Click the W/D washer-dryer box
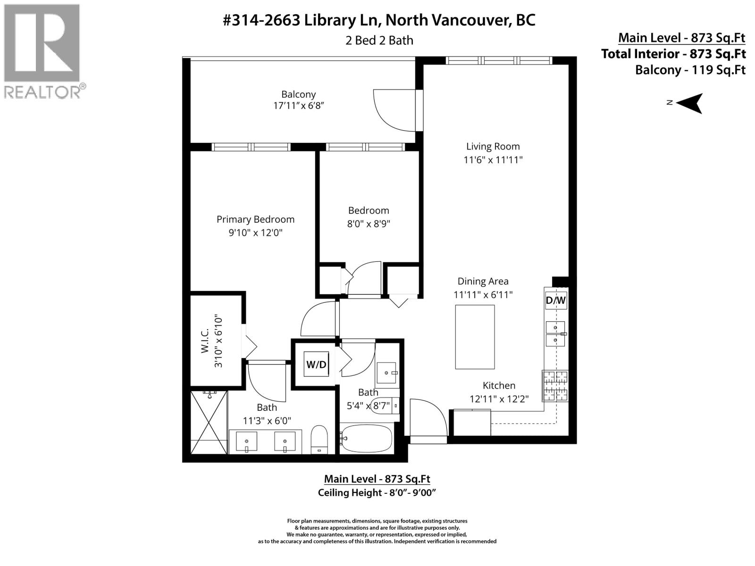316,364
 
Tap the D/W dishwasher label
555,300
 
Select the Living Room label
493,147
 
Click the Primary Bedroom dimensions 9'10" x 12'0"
255,233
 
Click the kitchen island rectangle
475,337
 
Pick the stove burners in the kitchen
555,385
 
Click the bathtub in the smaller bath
367,439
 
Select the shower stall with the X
209,422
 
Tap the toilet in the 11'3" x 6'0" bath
319,440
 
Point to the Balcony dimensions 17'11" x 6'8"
298,106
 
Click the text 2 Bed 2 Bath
379,41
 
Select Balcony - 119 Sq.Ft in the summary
690,70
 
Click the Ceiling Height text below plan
377,493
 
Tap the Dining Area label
483,281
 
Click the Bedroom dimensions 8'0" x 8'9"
369,224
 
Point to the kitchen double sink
555,333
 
